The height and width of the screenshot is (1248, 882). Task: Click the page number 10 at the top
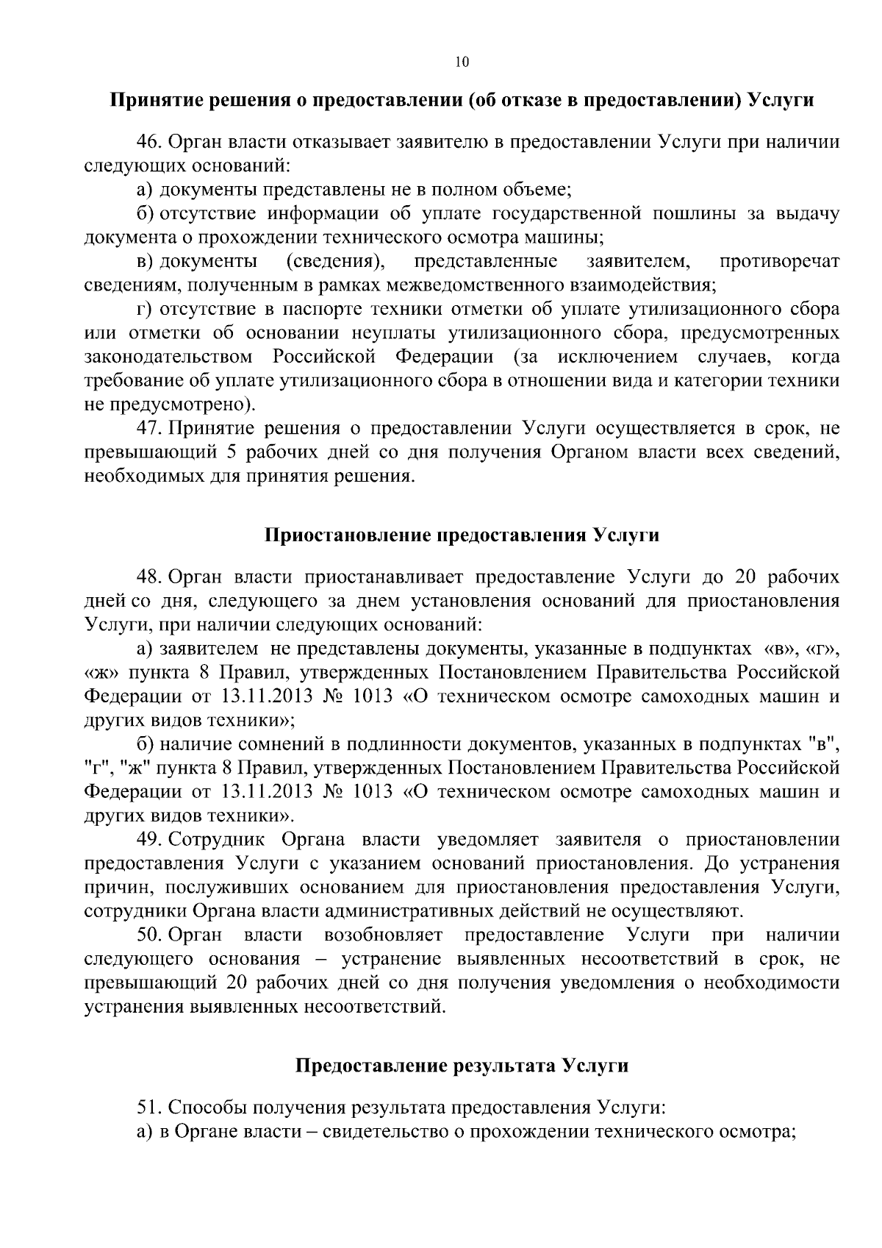click(x=462, y=62)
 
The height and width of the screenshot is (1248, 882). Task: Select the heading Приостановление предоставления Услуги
click(x=462, y=535)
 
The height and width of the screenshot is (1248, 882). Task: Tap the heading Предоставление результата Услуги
click(x=462, y=1065)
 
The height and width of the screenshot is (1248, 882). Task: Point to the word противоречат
click(x=780, y=261)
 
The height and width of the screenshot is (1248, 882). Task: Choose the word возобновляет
click(x=383, y=935)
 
